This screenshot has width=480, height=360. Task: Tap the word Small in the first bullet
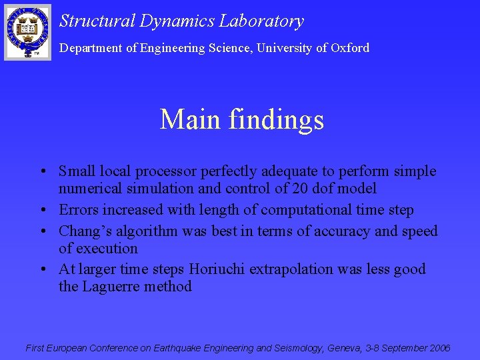click(x=77, y=171)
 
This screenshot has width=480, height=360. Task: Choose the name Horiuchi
click(x=217, y=269)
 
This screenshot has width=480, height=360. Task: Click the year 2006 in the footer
click(x=437, y=348)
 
